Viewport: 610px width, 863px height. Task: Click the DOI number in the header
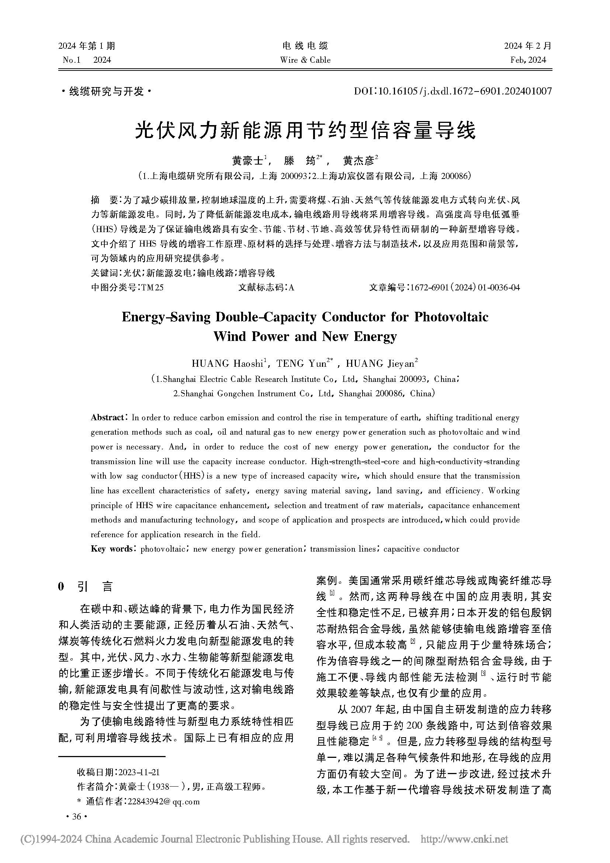click(x=453, y=91)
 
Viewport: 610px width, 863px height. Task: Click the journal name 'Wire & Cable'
click(x=305, y=60)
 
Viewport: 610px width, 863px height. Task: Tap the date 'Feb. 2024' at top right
click(x=528, y=60)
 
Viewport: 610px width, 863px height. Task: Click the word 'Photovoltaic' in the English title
click(x=451, y=317)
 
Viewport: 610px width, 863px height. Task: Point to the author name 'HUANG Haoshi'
click(x=227, y=363)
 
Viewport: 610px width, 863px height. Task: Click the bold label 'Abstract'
click(x=107, y=418)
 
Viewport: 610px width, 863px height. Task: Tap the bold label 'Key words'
click(x=111, y=549)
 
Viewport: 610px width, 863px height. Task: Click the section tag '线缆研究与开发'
click(x=106, y=92)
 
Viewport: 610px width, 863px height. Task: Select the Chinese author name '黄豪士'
click(x=246, y=161)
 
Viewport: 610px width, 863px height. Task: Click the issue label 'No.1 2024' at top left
click(x=87, y=60)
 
